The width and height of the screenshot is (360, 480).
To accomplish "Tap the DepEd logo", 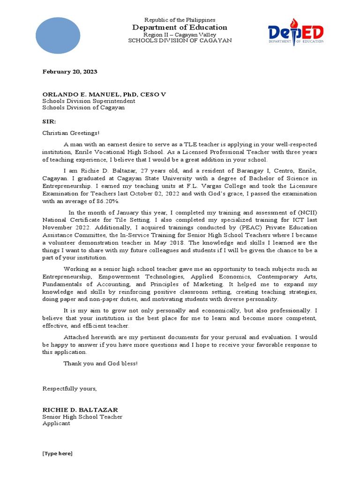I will tap(296, 32).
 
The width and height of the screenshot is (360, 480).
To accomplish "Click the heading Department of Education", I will tap(180, 27).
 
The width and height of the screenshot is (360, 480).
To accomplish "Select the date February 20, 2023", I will tap(70, 72).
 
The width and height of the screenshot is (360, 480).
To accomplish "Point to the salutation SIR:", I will tap(49, 121).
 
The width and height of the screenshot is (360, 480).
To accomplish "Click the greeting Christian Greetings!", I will tap(71, 133).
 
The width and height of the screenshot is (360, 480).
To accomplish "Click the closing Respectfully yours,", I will tap(70, 389).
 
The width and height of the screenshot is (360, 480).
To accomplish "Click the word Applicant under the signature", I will tap(56, 423).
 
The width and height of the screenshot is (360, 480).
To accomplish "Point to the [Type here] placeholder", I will tap(58, 453).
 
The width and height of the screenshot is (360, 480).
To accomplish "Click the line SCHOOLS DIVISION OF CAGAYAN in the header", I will tap(180, 41).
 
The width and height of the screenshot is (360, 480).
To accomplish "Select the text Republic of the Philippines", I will tap(180, 20).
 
